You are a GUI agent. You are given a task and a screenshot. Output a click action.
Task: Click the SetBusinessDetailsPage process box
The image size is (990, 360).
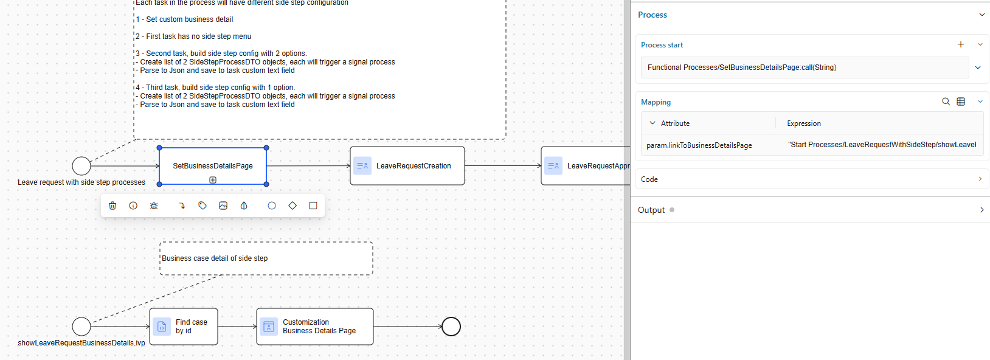tap(212, 165)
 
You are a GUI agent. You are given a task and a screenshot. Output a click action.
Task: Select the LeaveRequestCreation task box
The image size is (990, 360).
tap(407, 165)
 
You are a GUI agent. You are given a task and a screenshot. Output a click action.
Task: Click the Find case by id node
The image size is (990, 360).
tap(183, 327)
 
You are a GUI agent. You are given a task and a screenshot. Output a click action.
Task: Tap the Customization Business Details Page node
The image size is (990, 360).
tap(314, 327)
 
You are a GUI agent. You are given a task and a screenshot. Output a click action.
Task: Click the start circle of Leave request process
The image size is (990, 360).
tap(81, 165)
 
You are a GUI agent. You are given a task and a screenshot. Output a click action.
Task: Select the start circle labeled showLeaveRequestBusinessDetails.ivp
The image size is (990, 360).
tap(81, 327)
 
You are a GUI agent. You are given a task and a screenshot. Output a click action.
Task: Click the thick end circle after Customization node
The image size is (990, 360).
tap(451, 327)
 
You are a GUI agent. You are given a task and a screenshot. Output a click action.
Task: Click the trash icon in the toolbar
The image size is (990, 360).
tap(112, 206)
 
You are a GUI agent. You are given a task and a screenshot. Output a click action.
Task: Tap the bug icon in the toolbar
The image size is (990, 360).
tap(154, 206)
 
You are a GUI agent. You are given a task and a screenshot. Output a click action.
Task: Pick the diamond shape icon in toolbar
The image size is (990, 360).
tap(292, 206)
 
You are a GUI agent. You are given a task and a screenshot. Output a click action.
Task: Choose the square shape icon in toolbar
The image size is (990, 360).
tap(313, 206)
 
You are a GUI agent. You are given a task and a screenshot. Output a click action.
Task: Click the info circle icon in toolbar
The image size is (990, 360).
tap(133, 206)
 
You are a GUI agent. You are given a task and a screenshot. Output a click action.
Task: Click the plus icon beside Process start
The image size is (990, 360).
tap(961, 44)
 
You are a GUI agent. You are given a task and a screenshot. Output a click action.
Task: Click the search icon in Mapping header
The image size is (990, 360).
tap(946, 102)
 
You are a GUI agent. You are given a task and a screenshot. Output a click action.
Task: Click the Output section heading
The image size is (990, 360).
tap(651, 210)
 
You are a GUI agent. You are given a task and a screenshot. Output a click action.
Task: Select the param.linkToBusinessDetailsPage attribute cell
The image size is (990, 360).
tap(699, 145)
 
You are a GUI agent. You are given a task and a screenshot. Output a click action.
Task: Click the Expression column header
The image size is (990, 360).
tap(803, 123)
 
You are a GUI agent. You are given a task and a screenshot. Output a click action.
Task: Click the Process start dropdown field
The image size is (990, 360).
tap(804, 67)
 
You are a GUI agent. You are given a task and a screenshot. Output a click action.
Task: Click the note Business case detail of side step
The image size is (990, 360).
tap(266, 258)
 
